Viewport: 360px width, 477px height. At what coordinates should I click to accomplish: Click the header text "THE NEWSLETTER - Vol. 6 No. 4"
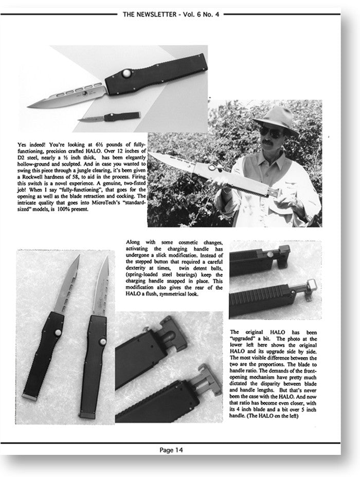171,14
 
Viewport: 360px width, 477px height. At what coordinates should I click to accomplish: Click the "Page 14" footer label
171,450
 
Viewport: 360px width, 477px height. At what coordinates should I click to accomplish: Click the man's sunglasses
271,132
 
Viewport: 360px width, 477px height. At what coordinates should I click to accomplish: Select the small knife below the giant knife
110,117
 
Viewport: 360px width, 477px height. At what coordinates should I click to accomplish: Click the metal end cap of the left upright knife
30,396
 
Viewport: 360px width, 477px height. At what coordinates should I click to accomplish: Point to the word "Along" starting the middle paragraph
133,242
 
